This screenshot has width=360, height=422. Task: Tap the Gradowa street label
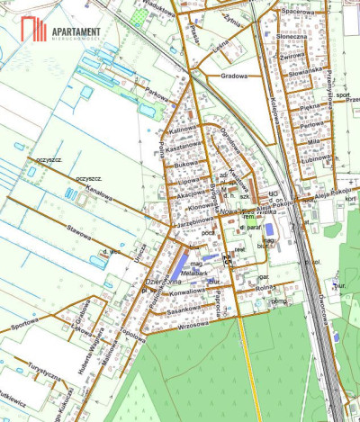click(x=234, y=76)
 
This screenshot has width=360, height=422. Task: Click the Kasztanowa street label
click(x=183, y=147)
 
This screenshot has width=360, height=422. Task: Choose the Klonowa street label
click(x=192, y=205)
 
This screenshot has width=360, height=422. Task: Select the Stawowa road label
click(x=78, y=233)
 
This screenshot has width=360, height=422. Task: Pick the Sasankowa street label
click(x=184, y=309)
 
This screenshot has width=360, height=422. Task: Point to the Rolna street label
click(x=265, y=288)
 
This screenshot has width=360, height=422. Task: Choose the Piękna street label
click(x=310, y=107)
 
